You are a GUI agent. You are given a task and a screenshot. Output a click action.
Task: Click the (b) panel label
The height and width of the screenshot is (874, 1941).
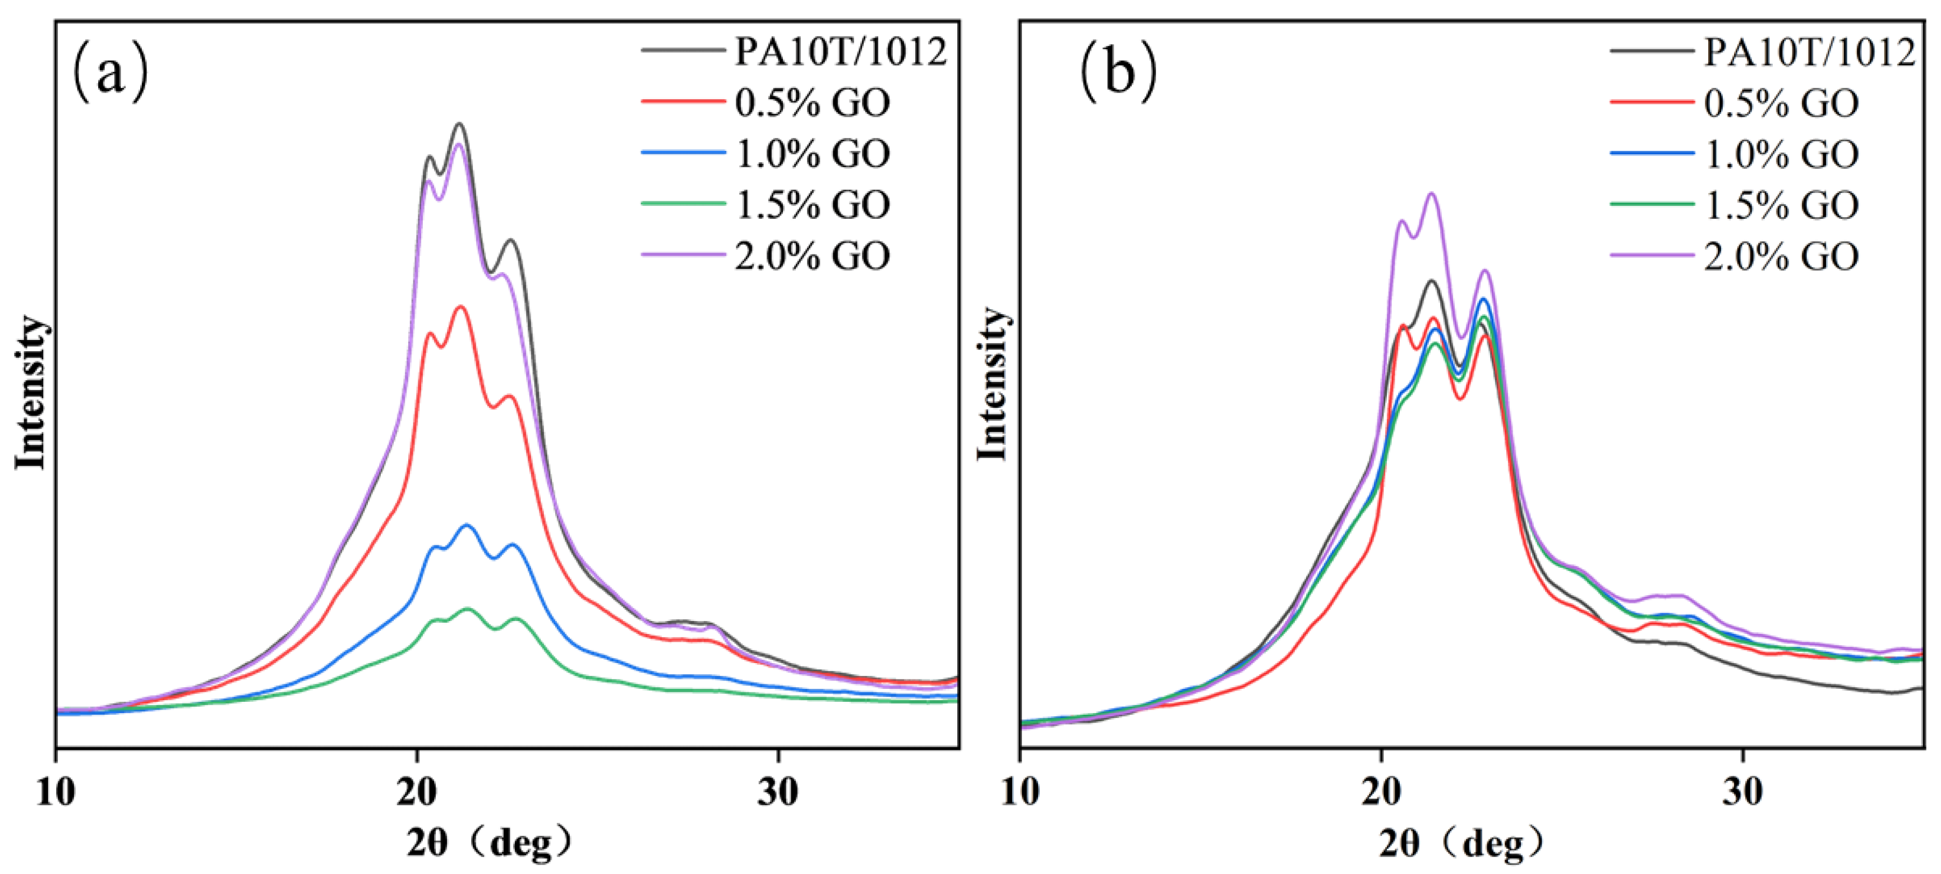1118,73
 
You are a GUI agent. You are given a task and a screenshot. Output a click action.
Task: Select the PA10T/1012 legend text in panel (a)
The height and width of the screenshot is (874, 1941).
840,51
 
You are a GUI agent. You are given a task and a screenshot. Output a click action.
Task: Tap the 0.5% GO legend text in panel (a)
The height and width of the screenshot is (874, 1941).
812,103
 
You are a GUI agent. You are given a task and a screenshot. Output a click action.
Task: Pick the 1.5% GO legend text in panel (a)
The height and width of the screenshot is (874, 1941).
812,204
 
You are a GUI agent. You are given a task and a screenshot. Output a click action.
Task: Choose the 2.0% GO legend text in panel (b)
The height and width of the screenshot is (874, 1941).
1781,257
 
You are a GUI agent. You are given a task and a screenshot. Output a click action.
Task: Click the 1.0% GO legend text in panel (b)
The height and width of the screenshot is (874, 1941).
1781,154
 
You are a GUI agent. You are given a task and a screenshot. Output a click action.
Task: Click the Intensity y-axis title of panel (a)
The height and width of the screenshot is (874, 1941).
31,392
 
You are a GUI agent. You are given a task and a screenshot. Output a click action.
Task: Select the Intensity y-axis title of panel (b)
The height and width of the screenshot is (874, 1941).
993,384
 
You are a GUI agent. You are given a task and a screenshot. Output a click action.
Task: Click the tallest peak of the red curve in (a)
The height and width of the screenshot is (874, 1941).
460,307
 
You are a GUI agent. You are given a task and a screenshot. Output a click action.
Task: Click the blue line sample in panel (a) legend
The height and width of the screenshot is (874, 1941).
683,152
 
